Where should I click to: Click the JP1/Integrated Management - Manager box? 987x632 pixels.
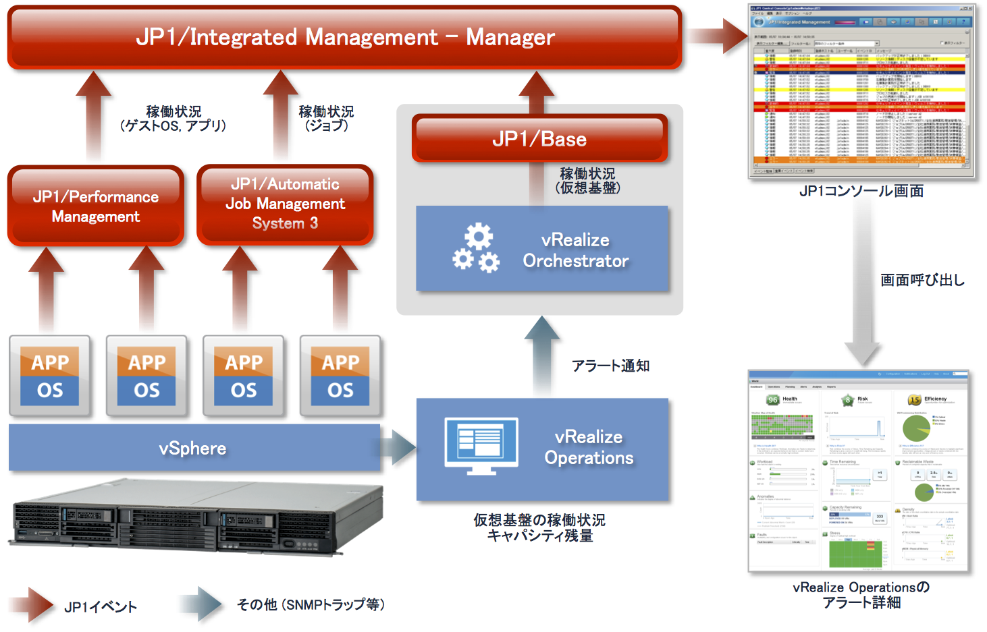point(344,37)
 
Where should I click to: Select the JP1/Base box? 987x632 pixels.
point(539,139)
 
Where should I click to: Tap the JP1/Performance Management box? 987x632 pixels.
point(96,206)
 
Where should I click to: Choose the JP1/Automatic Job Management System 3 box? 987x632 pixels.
point(285,204)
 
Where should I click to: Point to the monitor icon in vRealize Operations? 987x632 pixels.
point(481,445)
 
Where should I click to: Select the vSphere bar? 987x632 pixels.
point(193,449)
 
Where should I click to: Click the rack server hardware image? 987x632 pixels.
point(196,516)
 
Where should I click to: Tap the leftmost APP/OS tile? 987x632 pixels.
point(50,376)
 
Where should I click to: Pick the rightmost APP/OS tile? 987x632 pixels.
point(340,376)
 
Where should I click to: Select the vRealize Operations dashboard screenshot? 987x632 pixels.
point(859,471)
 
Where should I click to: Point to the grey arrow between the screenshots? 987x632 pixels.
point(862,290)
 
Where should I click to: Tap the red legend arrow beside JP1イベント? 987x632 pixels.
point(32,604)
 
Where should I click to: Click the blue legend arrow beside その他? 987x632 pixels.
point(201,604)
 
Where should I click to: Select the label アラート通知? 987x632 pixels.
point(610,366)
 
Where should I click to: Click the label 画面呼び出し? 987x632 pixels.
point(922,280)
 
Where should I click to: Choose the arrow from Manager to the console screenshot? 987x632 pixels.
point(717,36)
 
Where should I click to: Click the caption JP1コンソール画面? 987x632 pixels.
point(861,191)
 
